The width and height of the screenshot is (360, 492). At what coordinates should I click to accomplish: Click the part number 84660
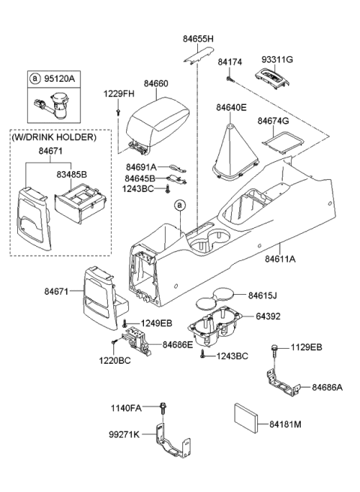[157, 85]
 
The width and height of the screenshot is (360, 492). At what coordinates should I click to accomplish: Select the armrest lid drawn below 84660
[156, 119]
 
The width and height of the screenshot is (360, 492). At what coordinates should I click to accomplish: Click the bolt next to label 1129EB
[277, 350]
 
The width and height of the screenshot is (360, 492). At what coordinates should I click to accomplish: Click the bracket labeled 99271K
[171, 445]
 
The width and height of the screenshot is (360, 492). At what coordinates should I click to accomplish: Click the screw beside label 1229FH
[118, 112]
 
